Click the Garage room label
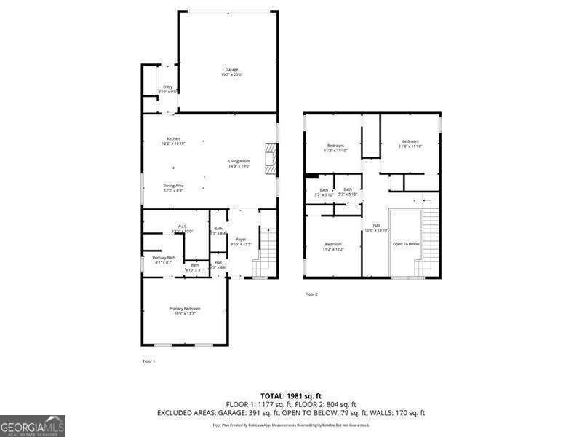[231, 71]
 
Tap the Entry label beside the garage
[168, 89]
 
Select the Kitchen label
[173, 141]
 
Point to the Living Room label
[239, 163]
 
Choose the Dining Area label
[173, 187]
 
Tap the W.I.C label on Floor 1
[182, 228]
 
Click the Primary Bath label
[164, 259]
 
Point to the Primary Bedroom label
[185, 310]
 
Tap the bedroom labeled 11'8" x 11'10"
[410, 143]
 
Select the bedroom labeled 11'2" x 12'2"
[333, 246]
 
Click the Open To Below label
[406, 244]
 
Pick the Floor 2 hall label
[376, 227]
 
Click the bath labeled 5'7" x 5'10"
[324, 192]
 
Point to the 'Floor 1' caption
[148, 361]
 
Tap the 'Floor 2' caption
[311, 294]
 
